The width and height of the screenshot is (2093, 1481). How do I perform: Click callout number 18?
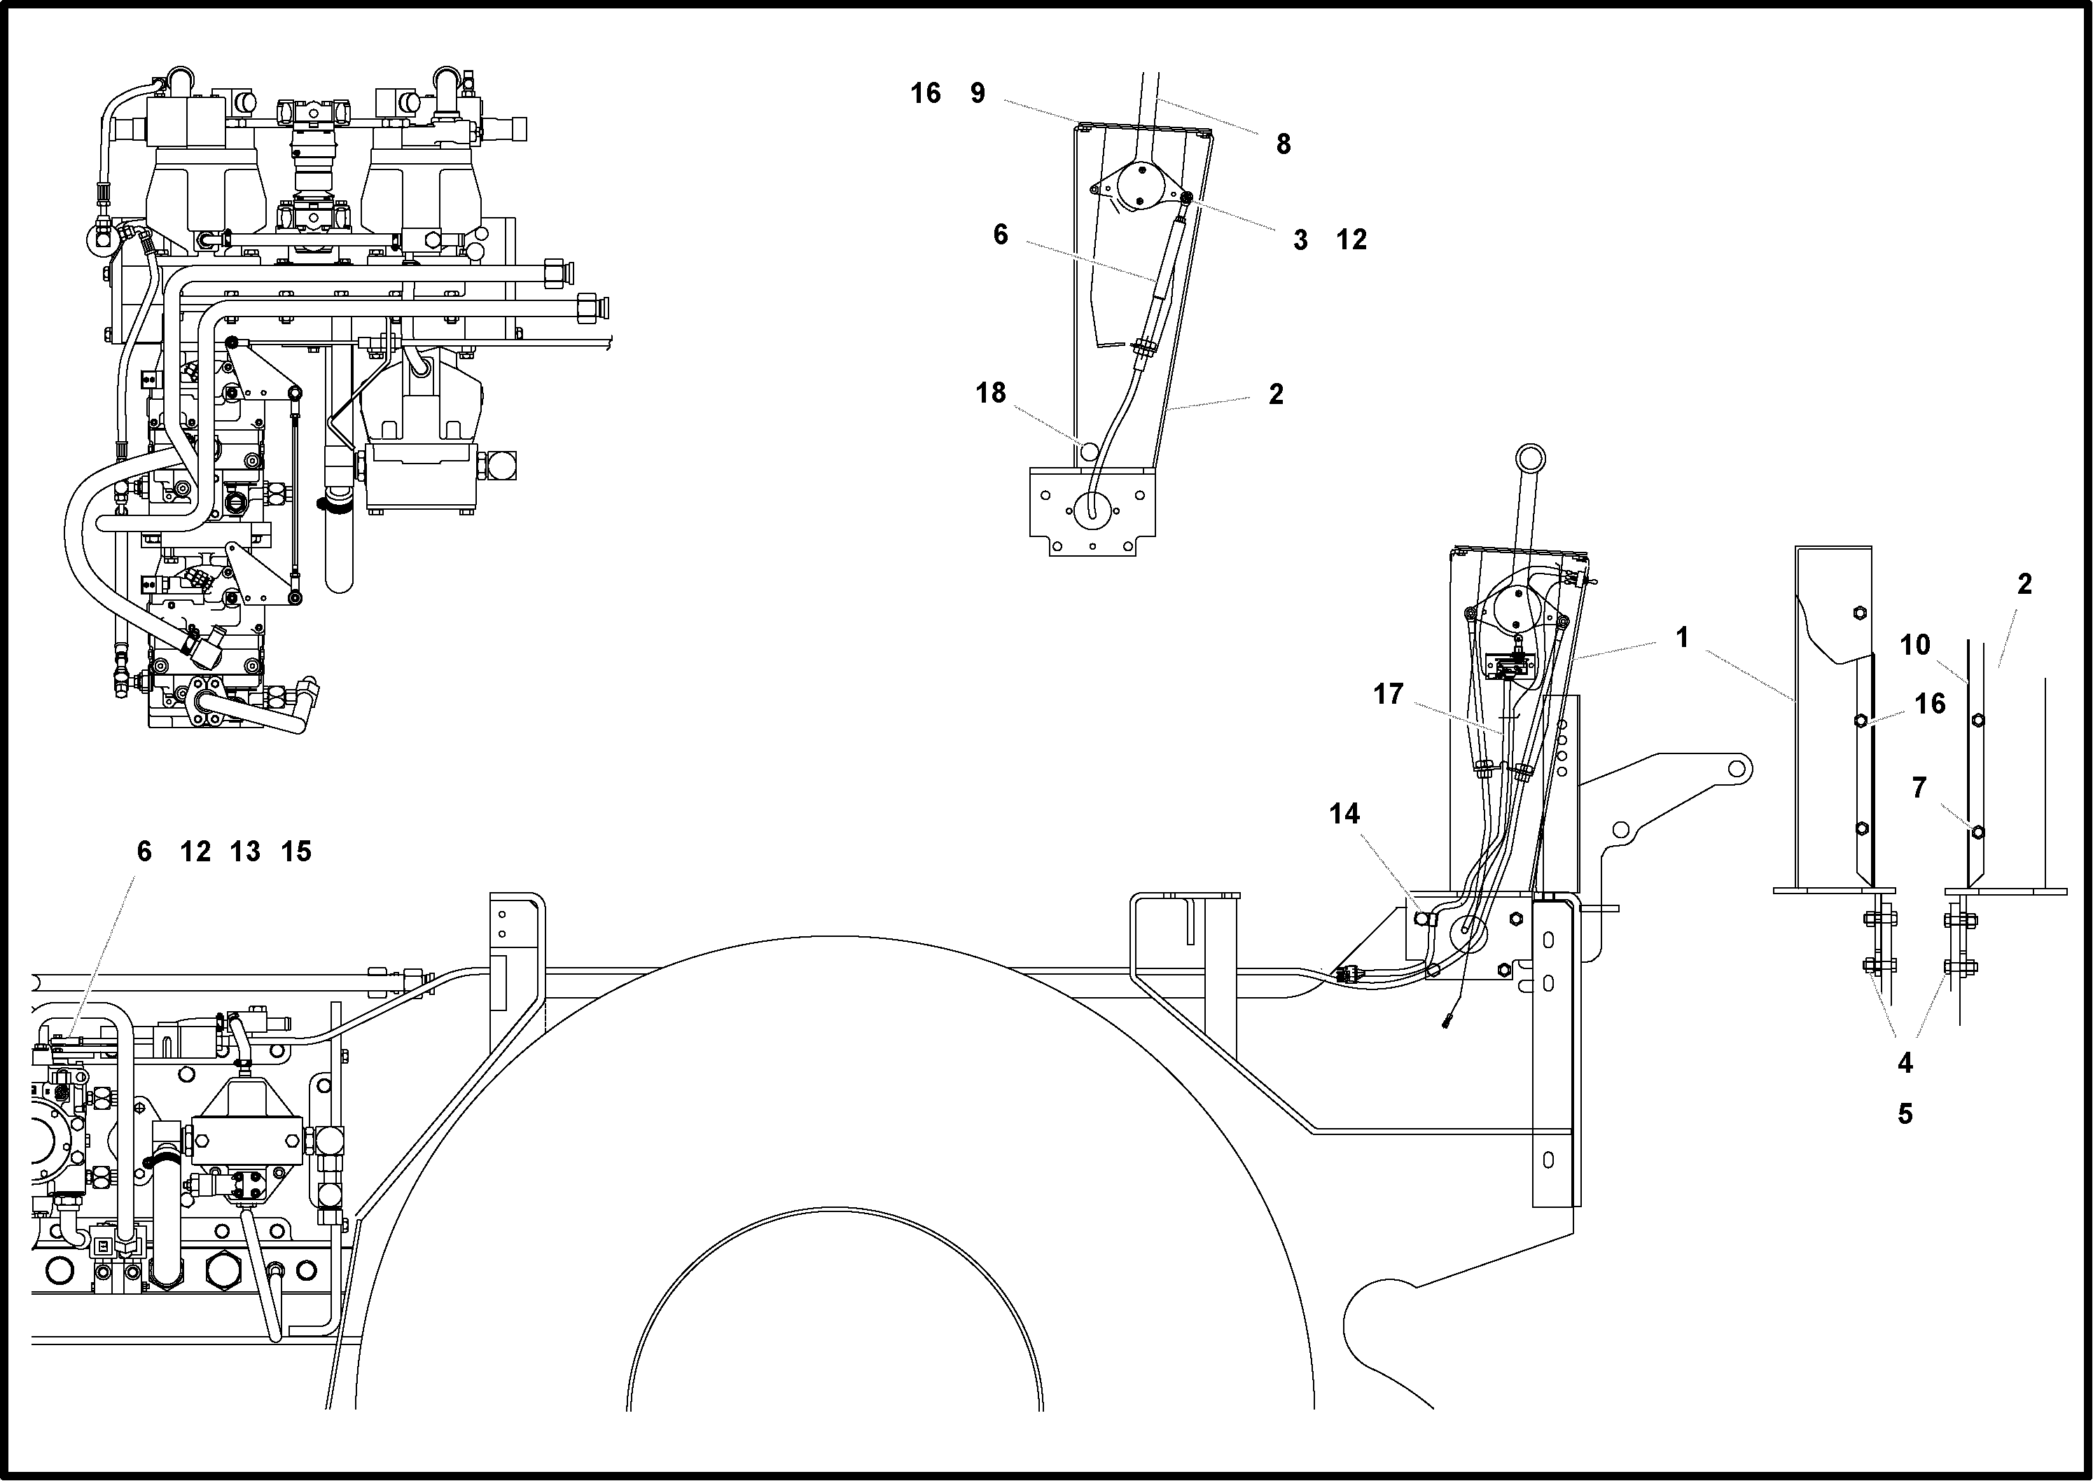pos(990,393)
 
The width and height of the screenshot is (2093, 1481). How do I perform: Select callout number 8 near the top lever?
pos(1283,144)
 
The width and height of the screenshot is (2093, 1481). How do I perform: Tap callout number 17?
pos(1388,695)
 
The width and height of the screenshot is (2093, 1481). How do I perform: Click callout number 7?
pos(1919,788)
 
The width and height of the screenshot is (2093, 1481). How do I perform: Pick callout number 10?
pos(1915,646)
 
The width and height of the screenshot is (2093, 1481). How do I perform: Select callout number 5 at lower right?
pos(1905,1114)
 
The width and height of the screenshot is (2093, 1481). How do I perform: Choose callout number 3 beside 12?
pos(1300,241)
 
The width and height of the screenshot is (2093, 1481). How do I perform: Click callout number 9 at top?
pos(978,93)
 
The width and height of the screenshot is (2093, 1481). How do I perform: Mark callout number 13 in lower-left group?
pos(245,851)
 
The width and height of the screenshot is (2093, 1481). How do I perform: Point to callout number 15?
pos(296,851)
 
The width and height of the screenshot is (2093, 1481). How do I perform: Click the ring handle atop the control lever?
pos(1530,457)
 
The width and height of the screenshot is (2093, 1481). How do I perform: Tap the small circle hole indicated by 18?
pos(1089,450)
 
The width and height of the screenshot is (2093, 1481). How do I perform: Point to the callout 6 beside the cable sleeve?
pos(1001,235)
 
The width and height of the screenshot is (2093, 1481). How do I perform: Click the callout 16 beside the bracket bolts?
pos(1930,704)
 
